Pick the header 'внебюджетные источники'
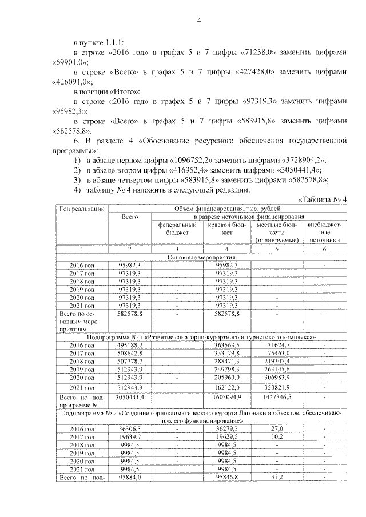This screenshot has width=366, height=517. [324, 233]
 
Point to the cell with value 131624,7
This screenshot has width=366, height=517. [276, 346]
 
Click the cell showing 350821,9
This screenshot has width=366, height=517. [276, 388]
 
